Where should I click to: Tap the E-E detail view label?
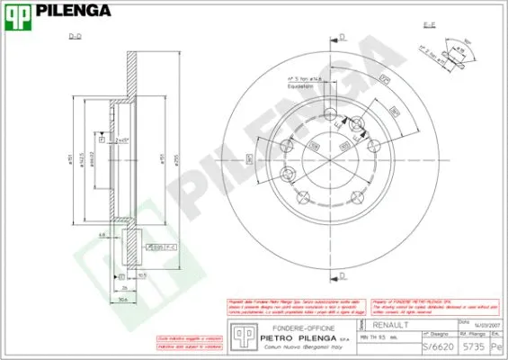pyautogui.click(x=429, y=24)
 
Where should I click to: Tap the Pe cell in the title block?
pyautogui.click(x=495, y=345)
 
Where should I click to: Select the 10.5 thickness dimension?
pyautogui.click(x=142, y=275)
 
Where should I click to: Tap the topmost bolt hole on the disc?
pyautogui.click(x=359, y=124)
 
